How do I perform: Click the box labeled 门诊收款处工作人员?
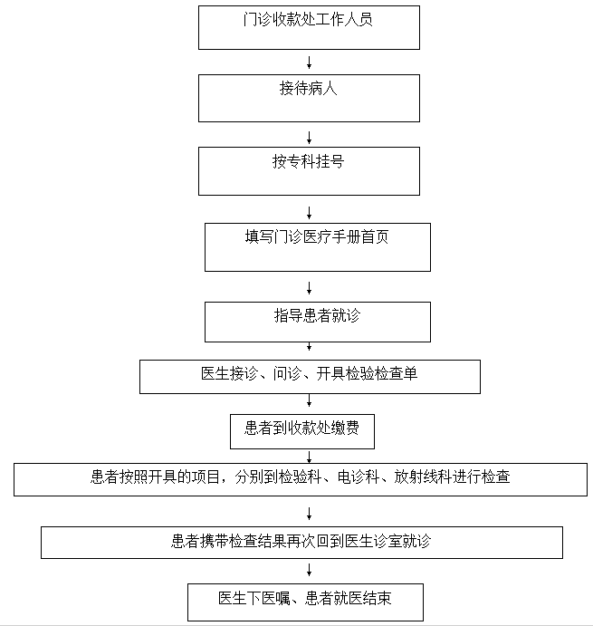(x=309, y=27)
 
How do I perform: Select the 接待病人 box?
(x=309, y=98)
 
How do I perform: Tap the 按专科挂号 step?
(x=309, y=171)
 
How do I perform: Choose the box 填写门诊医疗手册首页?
(x=318, y=247)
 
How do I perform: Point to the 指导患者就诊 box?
(x=318, y=322)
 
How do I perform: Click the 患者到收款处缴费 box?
(x=302, y=431)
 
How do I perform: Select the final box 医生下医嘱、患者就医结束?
(x=305, y=602)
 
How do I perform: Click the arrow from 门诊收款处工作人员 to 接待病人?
(x=309, y=63)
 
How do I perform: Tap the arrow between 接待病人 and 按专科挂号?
(x=309, y=138)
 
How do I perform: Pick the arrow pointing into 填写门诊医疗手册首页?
(x=309, y=213)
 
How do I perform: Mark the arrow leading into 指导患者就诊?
(x=309, y=288)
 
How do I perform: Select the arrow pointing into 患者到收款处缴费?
(x=309, y=400)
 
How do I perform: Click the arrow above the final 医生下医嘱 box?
(x=309, y=570)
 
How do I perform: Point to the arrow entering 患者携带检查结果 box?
(x=309, y=514)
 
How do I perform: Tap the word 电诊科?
(x=358, y=477)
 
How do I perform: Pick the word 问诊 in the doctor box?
(x=287, y=373)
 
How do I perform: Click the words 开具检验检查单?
(x=367, y=373)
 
